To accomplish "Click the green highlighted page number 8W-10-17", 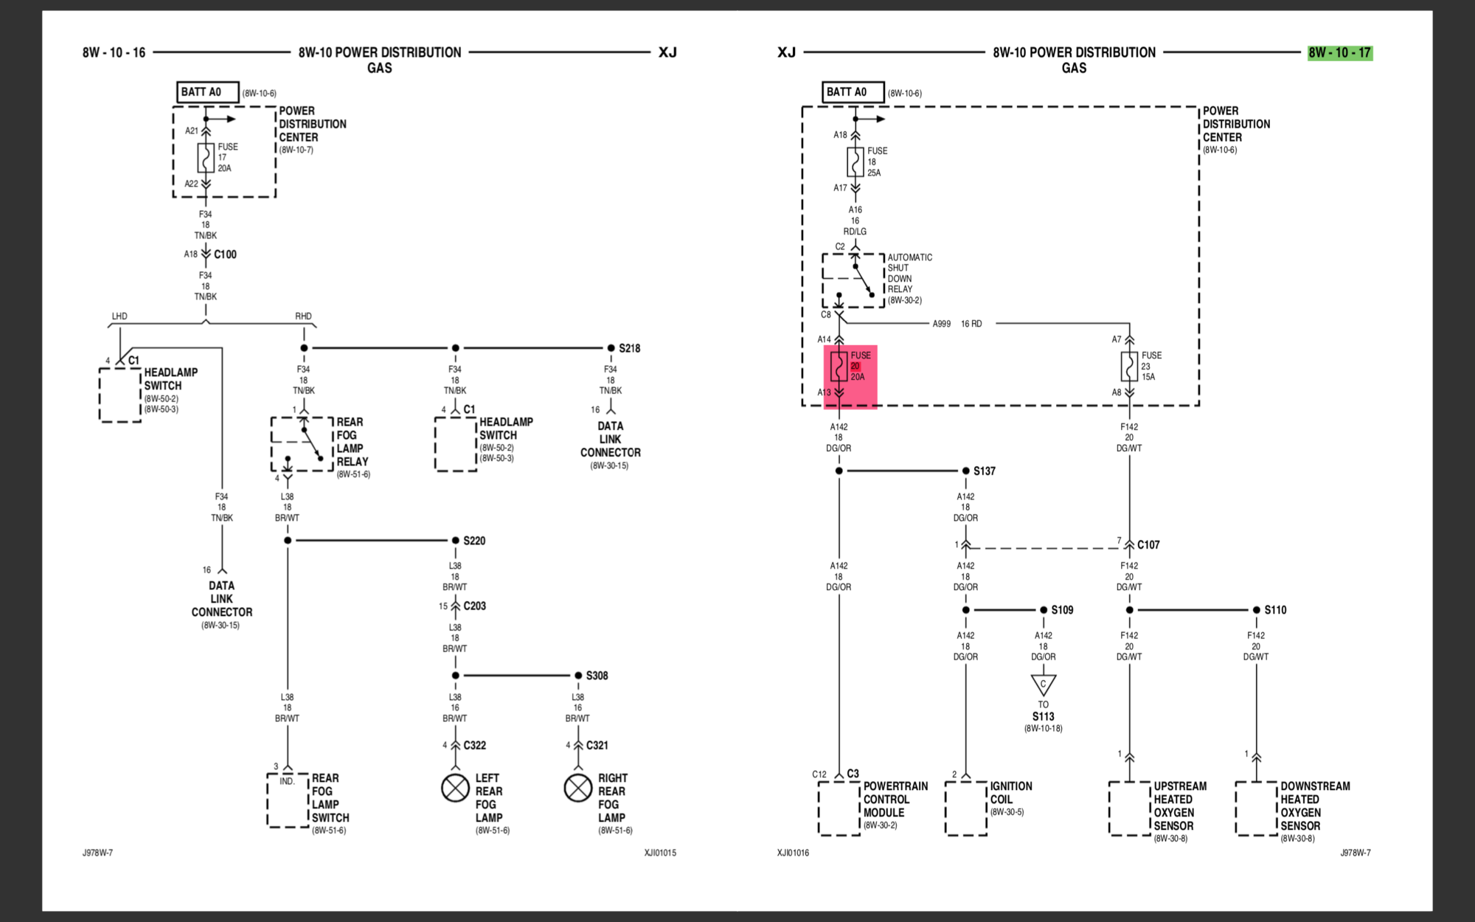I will click(1340, 52).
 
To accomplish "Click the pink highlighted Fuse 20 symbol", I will click(839, 367).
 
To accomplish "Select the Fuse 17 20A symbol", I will click(206, 158).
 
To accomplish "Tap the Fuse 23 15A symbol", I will click(1129, 367).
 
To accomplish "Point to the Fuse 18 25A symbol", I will click(855, 162).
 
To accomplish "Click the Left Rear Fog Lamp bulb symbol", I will click(455, 788).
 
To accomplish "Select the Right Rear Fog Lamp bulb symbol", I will click(577, 788).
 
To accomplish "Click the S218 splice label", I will click(629, 348).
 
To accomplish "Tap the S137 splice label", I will click(984, 471).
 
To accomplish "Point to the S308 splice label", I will click(597, 676).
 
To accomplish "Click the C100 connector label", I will click(225, 254).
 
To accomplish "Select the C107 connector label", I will click(1148, 545).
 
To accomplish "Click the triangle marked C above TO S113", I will click(1043, 684).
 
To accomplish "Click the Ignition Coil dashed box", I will click(965, 808).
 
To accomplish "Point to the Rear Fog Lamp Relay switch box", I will click(302, 444).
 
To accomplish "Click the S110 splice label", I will click(1274, 610).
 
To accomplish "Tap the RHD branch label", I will click(303, 316).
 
